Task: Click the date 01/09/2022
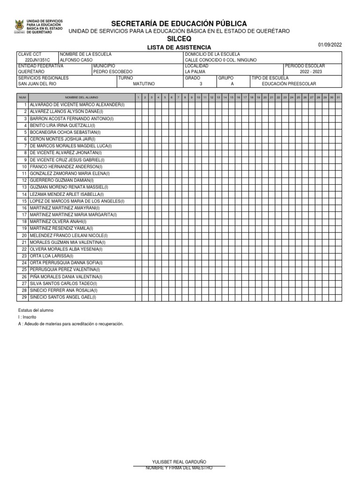pos(330,45)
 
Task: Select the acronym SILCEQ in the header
pos(179,39)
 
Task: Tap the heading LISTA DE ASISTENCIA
pos(179,47)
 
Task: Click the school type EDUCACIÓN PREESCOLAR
pos(289,83)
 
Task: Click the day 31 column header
pos(338,97)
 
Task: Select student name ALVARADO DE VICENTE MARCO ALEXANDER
pos(77,105)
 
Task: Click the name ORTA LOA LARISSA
pos(51,256)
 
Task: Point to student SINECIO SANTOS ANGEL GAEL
pos(62,297)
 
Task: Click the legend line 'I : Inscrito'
pos(27,317)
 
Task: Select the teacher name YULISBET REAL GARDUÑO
pos(179,462)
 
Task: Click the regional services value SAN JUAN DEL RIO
pos(40,83)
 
